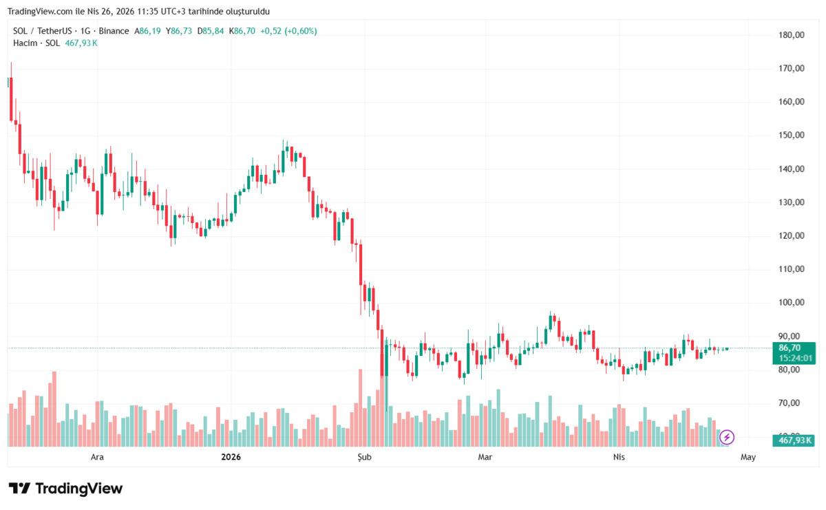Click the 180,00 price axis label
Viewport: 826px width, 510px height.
[791, 34]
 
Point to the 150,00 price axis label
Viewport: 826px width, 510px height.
[791, 135]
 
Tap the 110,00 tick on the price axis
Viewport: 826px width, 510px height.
[791, 269]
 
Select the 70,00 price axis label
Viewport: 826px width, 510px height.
[791, 403]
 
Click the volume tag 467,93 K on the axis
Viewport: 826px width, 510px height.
[794, 440]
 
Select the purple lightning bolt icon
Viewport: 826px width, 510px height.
[727, 437]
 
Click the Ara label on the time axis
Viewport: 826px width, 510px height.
[98, 456]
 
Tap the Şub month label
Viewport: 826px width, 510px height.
[363, 456]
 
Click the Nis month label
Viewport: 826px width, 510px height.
[618, 456]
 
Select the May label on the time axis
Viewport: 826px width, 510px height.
[748, 456]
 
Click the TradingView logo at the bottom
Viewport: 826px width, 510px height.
[66, 489]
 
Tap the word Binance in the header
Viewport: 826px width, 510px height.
[113, 31]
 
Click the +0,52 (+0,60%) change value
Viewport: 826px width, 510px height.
[288, 31]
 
